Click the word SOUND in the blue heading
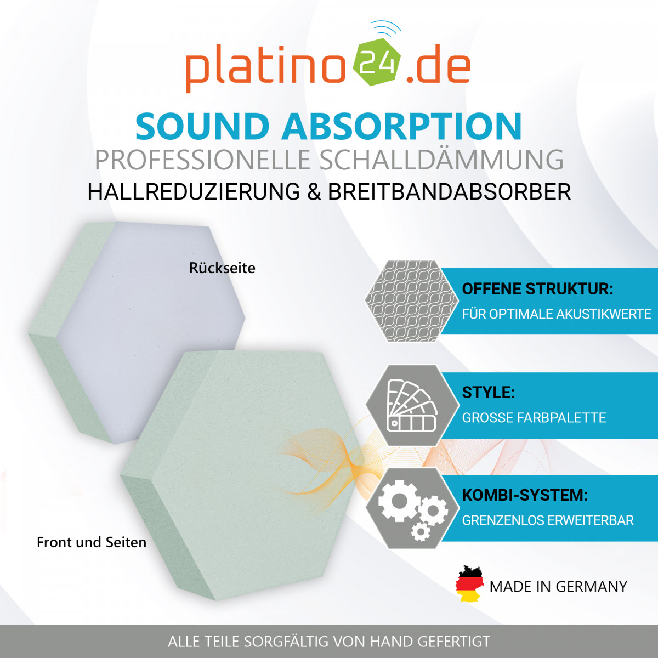click(203, 126)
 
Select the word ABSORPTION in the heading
click(402, 126)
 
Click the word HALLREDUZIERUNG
click(194, 191)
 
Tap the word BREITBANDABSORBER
click(450, 191)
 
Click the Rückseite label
click(222, 268)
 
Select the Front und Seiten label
click(92, 542)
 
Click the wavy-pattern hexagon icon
click(412, 301)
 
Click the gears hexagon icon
click(412, 508)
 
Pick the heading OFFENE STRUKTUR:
click(537, 289)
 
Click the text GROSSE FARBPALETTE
click(534, 418)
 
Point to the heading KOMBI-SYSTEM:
click(525, 495)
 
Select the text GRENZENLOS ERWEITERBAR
click(548, 520)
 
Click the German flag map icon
click(469, 583)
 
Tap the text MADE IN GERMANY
click(558, 587)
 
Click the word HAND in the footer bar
click(392, 641)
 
